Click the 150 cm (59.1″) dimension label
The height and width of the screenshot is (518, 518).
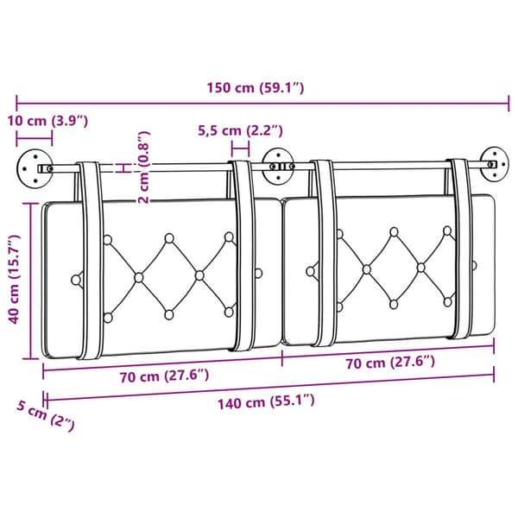coord(255,88)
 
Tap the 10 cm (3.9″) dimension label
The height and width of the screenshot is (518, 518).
coord(47,121)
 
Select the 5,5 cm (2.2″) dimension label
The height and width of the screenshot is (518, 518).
coord(240,130)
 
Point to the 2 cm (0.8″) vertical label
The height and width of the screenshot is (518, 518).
coord(143,167)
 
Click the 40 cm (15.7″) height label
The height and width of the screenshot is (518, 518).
coord(14,279)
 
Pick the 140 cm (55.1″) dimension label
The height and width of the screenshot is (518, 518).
coord(266,401)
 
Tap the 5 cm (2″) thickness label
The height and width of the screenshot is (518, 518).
coord(46,415)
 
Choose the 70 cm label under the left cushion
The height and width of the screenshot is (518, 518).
coord(164,376)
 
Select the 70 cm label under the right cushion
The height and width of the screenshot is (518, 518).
coord(390,363)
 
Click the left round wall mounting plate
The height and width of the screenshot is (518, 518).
coord(35,169)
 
